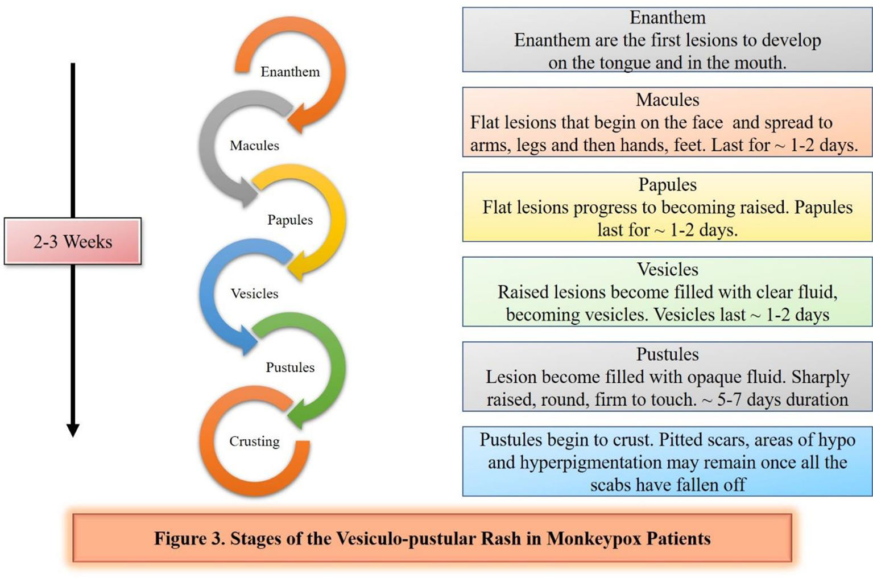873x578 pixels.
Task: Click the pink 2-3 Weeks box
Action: (72, 241)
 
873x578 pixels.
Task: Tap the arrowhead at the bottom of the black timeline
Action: (73, 430)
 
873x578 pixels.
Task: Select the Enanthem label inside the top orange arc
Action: (290, 72)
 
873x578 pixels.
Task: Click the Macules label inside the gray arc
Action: (254, 146)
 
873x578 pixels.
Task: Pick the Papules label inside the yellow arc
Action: (290, 220)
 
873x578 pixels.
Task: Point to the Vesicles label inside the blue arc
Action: (254, 294)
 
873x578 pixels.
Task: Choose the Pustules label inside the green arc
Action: (290, 367)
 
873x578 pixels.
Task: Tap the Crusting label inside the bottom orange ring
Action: (254, 441)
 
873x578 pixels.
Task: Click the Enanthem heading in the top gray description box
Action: (667, 18)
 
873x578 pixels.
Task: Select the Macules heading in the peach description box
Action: (667, 100)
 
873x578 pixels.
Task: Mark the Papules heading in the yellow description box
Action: (667, 185)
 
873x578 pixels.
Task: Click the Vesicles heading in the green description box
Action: (667, 269)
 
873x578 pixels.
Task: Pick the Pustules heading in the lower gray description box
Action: (667, 354)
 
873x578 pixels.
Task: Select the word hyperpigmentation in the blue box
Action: (590, 463)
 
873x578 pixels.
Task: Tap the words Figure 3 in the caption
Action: (189, 539)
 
